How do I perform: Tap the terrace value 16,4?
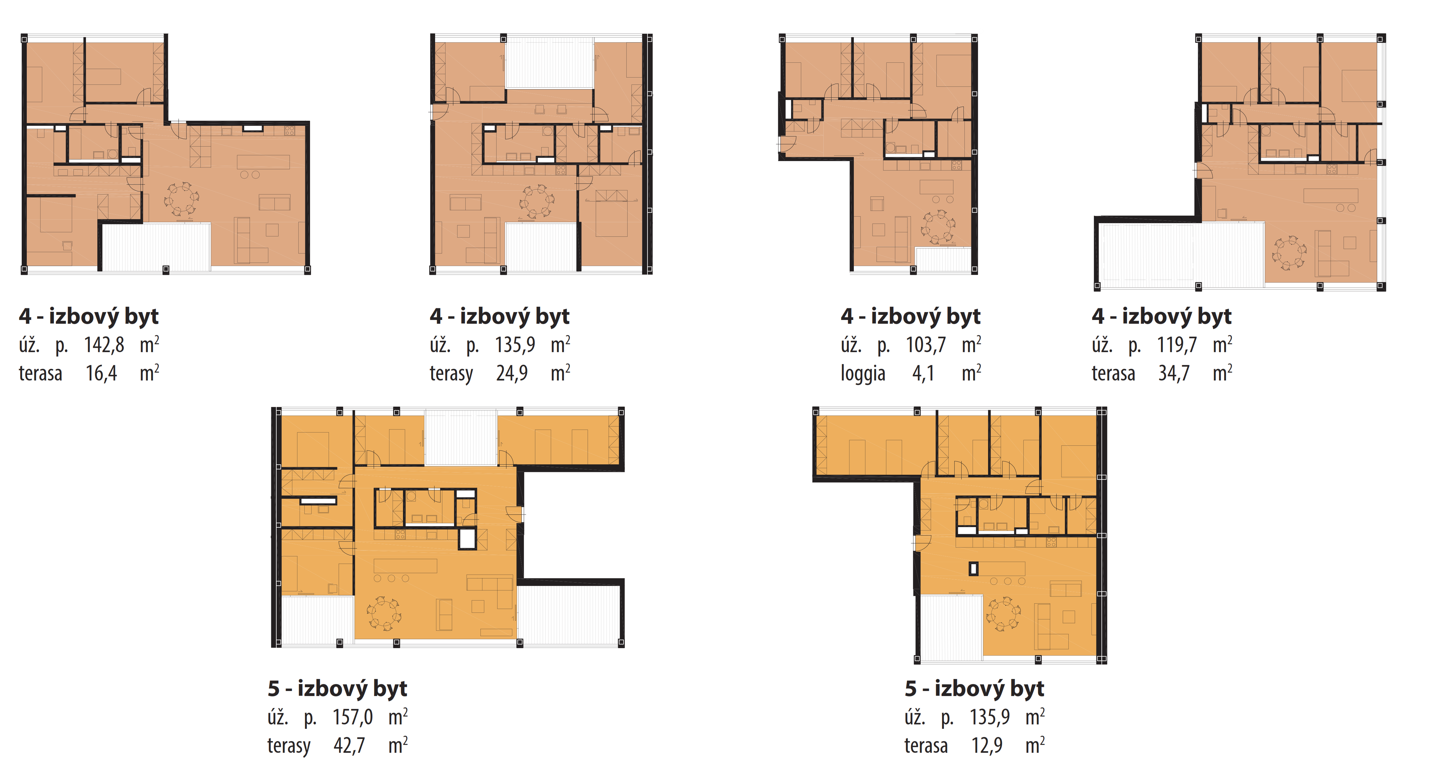pos(101,373)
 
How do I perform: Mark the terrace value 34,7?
pos(1174,373)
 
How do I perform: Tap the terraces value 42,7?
pos(349,745)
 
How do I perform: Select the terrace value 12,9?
pos(987,745)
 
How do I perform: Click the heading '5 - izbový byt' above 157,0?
pos(337,688)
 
